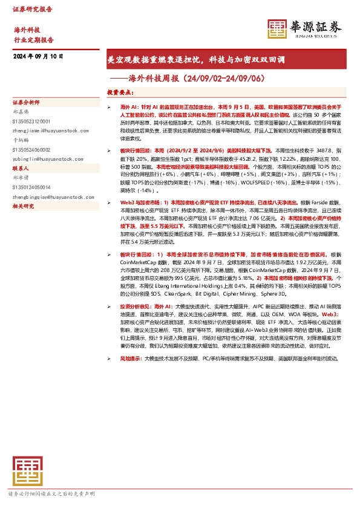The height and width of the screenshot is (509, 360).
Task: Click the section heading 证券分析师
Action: [26, 103]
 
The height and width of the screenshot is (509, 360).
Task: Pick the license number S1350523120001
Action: [34, 120]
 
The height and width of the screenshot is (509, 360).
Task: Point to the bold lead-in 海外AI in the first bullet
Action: [123, 106]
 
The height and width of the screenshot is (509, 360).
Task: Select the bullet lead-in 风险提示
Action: [131, 358]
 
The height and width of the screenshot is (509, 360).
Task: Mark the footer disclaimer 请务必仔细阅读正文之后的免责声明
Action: [51, 494]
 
